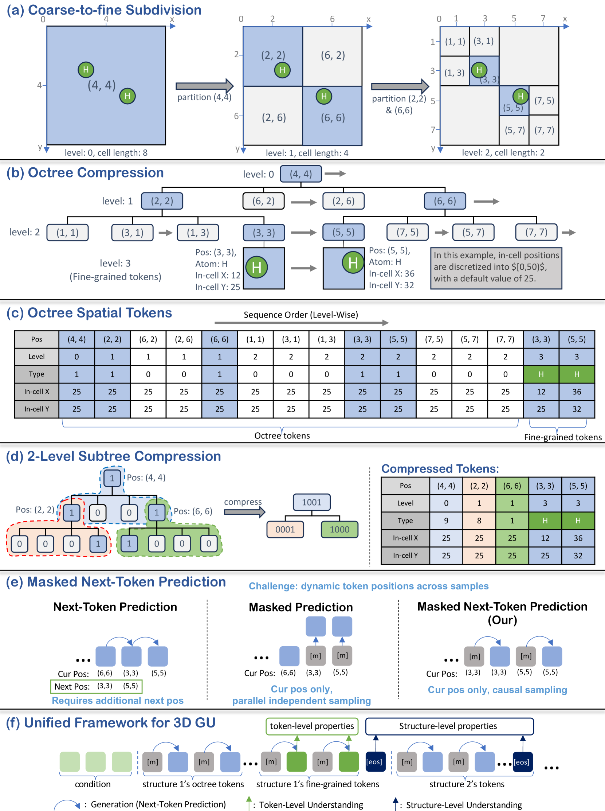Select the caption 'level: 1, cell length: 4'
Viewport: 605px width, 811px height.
pyautogui.click(x=307, y=153)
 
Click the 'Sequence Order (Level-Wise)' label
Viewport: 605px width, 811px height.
pyautogui.click(x=300, y=315)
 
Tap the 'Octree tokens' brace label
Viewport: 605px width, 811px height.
pyautogui.click(x=282, y=435)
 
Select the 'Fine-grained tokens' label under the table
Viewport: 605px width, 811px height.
pyautogui.click(x=562, y=437)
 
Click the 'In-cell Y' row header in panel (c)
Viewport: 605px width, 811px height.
pyautogui.click(x=36, y=409)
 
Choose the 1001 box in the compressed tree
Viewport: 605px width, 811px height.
pyautogui.click(x=312, y=502)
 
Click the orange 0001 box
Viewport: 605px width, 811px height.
pyautogui.click(x=285, y=530)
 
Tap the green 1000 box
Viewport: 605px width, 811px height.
pyautogui.click(x=339, y=530)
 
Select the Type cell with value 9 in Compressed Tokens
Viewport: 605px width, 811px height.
pyautogui.click(x=446, y=520)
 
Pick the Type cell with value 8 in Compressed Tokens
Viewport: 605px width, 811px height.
pyautogui.click(x=479, y=520)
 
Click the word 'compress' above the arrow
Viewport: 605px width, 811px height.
pyautogui.click(x=243, y=502)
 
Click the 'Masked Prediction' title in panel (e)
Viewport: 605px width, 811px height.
pyautogui.click(x=300, y=607)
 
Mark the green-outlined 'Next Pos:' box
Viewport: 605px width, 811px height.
pyautogui.click(x=96, y=686)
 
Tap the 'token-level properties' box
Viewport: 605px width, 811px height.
pyautogui.click(x=312, y=726)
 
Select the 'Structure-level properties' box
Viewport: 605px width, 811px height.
pyautogui.click(x=449, y=726)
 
